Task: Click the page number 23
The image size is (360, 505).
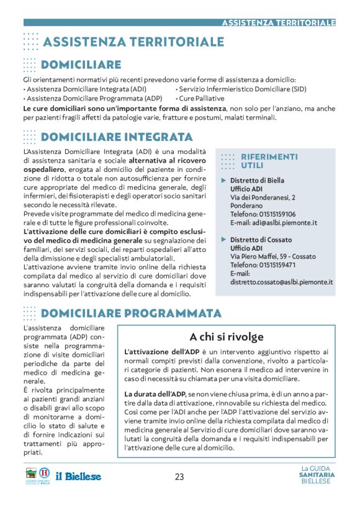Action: coord(179,476)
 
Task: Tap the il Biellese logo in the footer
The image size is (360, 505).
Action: coord(78,476)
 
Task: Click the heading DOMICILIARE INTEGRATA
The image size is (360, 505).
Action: coord(117,136)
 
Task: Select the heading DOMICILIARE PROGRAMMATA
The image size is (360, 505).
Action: coord(131,313)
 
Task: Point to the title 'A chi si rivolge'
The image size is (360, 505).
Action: coord(226,337)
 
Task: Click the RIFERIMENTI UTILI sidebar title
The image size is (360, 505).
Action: coord(269,161)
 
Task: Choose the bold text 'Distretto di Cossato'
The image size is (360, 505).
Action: coord(261,239)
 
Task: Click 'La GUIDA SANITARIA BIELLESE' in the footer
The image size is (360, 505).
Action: coord(317,475)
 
